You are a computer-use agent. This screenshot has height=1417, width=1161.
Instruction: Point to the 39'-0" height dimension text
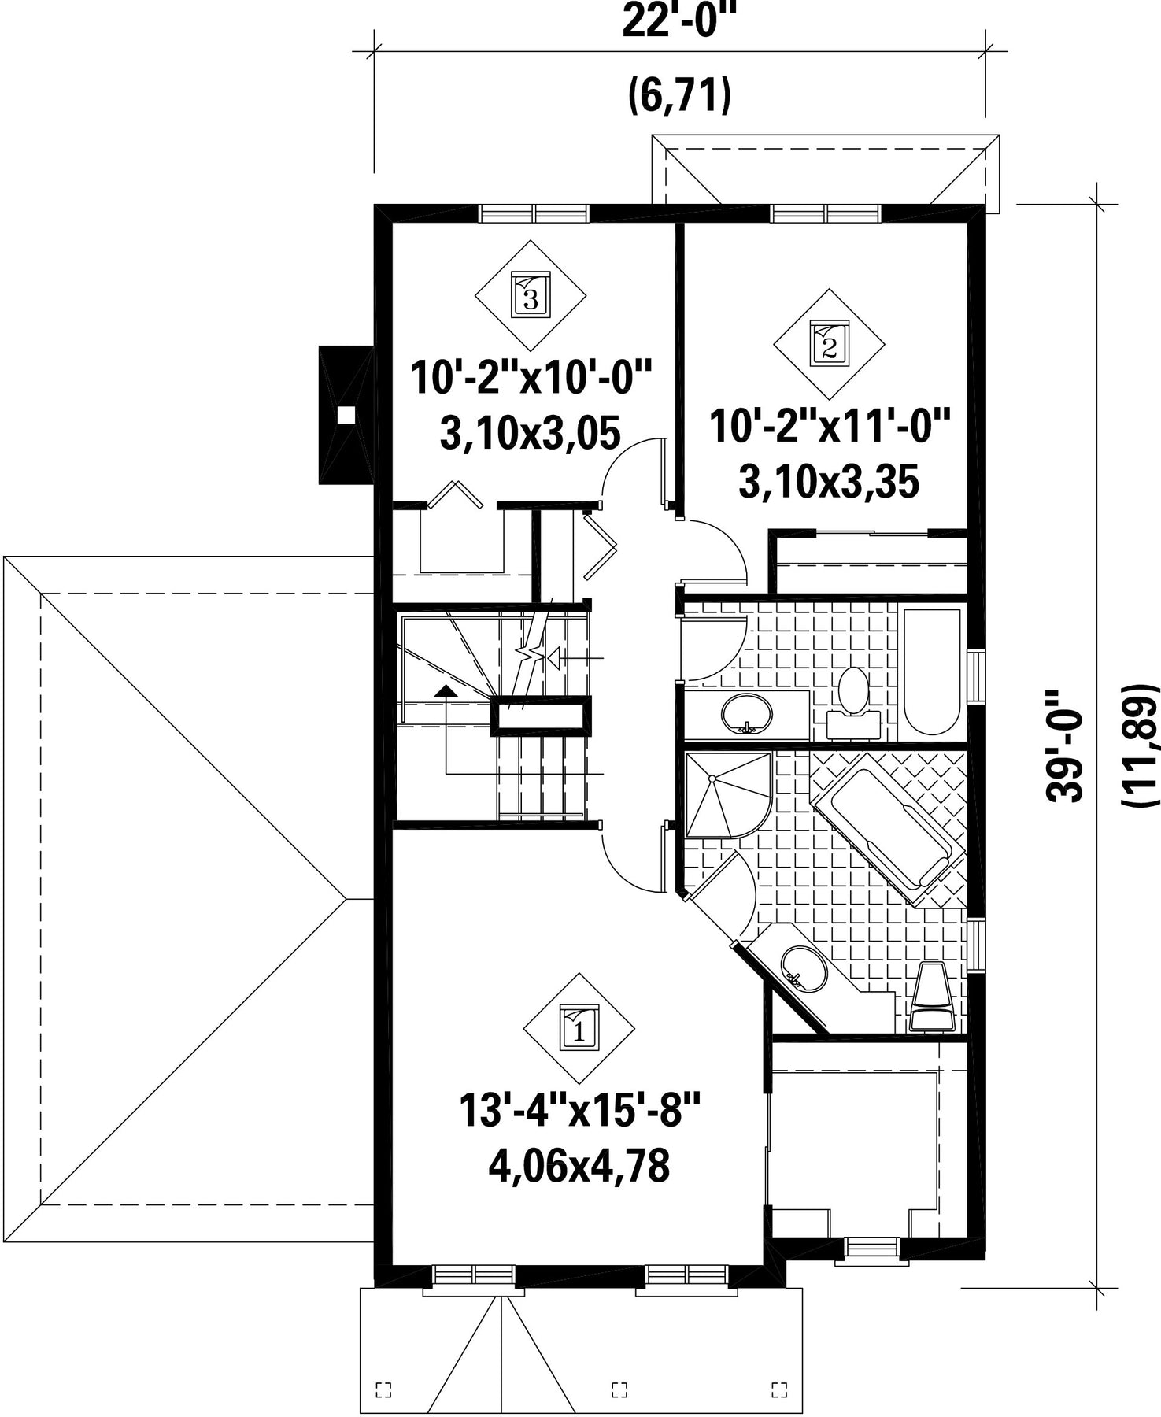click(1064, 745)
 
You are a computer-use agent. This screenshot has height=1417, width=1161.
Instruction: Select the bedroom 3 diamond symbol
click(531, 295)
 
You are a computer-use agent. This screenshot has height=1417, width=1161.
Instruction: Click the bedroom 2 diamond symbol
click(829, 343)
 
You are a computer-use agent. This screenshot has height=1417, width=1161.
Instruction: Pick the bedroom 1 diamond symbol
click(579, 1028)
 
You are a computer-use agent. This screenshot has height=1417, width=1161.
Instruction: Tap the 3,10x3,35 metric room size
click(829, 482)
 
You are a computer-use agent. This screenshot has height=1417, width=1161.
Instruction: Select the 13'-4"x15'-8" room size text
click(579, 1112)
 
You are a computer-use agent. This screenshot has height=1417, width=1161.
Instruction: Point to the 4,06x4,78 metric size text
click(579, 1167)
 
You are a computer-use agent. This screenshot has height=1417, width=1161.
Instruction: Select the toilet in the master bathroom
click(932, 996)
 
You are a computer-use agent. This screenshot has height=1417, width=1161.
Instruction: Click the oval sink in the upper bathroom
click(746, 713)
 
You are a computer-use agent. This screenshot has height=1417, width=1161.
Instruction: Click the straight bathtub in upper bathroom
click(932, 672)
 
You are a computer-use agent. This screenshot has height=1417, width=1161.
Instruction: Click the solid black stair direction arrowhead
click(446, 691)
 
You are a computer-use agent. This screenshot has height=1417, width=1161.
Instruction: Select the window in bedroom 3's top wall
click(534, 213)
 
